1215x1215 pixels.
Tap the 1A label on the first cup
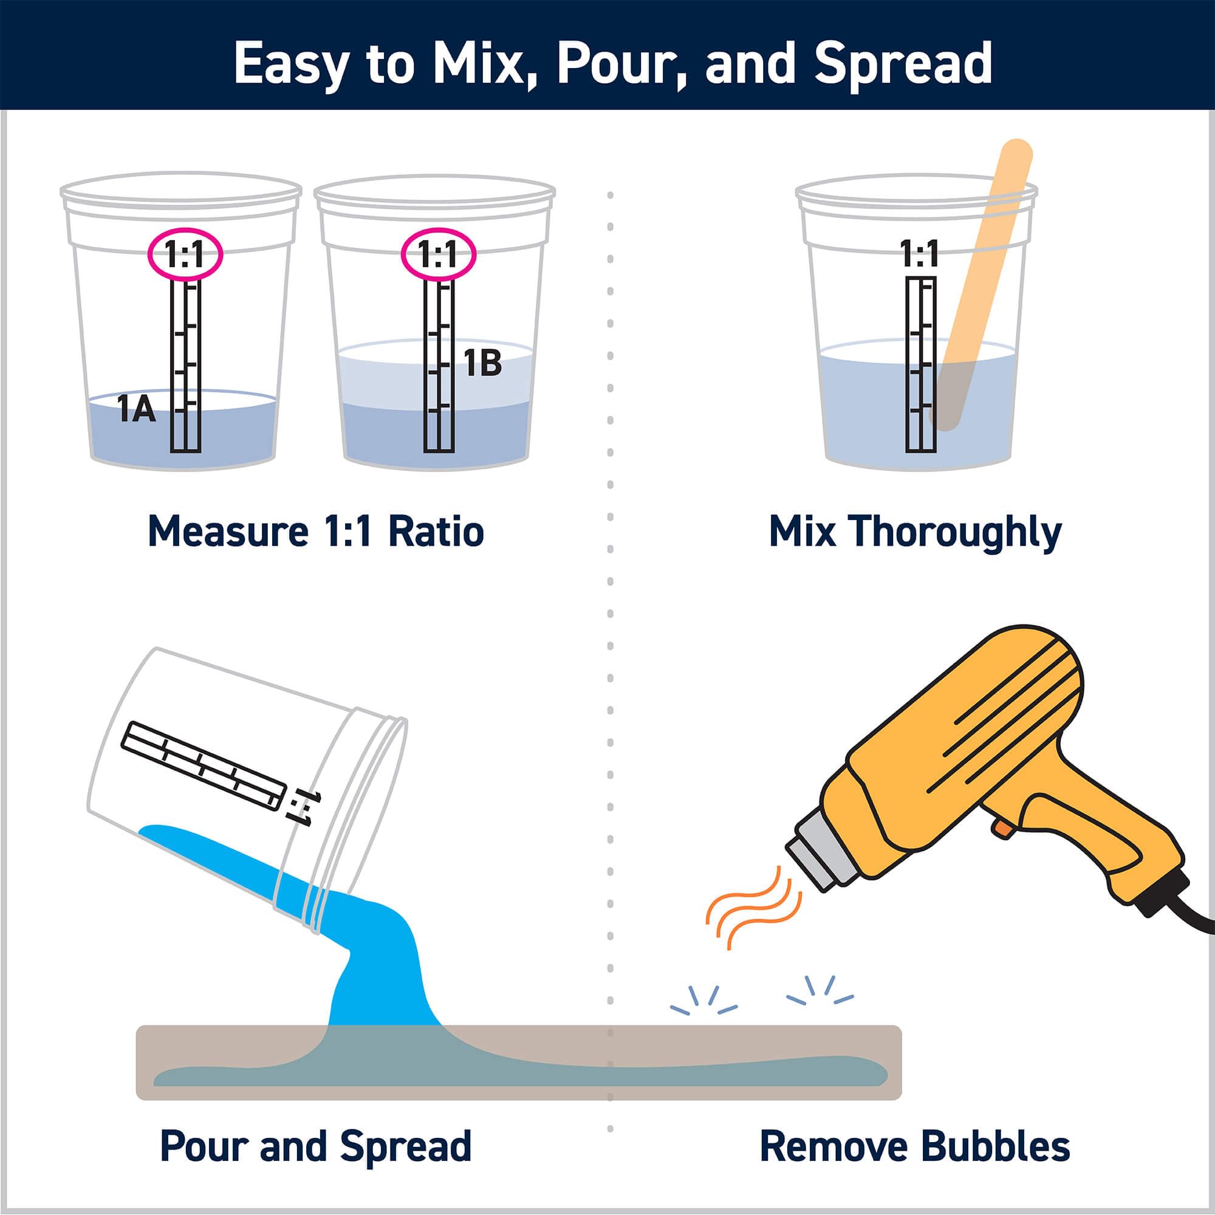(x=137, y=409)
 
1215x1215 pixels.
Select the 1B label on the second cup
(x=482, y=363)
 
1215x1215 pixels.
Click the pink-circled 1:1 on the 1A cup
(x=185, y=255)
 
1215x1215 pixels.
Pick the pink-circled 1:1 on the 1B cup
(x=439, y=255)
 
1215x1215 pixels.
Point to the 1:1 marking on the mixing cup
(x=919, y=254)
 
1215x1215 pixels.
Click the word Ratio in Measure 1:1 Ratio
(x=436, y=532)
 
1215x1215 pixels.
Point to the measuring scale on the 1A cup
(x=185, y=364)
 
